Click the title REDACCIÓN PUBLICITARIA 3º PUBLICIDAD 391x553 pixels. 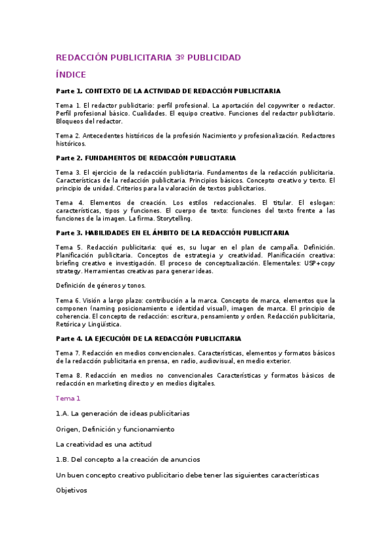point(148,57)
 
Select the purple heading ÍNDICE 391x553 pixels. point(70,74)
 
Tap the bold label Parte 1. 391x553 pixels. point(69,91)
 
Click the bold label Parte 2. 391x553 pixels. point(69,158)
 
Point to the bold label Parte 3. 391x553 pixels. point(69,233)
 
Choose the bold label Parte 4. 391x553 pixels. point(69,338)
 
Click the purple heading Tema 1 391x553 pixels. point(68,398)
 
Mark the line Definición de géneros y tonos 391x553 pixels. point(101,285)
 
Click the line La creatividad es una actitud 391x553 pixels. point(103,444)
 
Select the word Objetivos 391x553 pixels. point(71,490)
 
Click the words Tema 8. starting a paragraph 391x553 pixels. point(69,376)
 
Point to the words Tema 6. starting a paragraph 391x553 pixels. point(69,300)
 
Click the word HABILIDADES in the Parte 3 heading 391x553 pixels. point(112,233)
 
